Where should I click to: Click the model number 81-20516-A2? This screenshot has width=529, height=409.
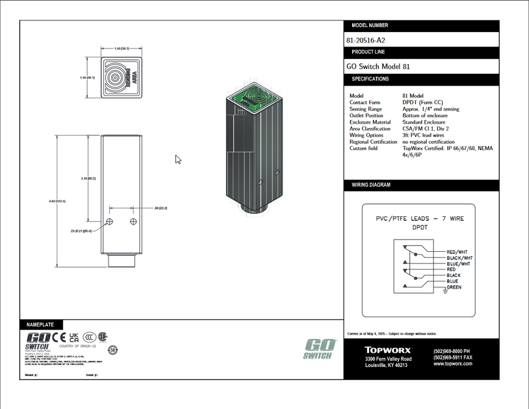[x=366, y=41]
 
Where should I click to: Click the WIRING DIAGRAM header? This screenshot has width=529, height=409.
[x=371, y=185]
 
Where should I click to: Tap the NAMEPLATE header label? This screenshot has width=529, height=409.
[x=40, y=324]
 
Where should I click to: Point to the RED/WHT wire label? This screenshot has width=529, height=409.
[x=457, y=252]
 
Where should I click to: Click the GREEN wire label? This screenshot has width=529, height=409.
[x=454, y=287]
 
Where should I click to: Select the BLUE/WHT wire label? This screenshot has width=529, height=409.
[x=458, y=264]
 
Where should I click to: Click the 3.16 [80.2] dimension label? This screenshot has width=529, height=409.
[x=88, y=178]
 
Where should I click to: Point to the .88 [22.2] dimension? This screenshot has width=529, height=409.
[x=161, y=208]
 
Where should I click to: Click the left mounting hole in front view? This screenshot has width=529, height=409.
[x=109, y=221]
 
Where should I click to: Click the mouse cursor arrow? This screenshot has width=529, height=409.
[x=178, y=159]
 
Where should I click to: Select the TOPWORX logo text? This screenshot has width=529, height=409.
[x=388, y=350]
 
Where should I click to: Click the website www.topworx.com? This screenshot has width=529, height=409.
[x=453, y=364]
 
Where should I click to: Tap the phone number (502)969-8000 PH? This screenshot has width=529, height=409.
[x=452, y=351]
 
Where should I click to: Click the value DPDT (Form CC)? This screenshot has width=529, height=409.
[x=422, y=102]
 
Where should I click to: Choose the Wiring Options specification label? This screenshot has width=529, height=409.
[x=366, y=135]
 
